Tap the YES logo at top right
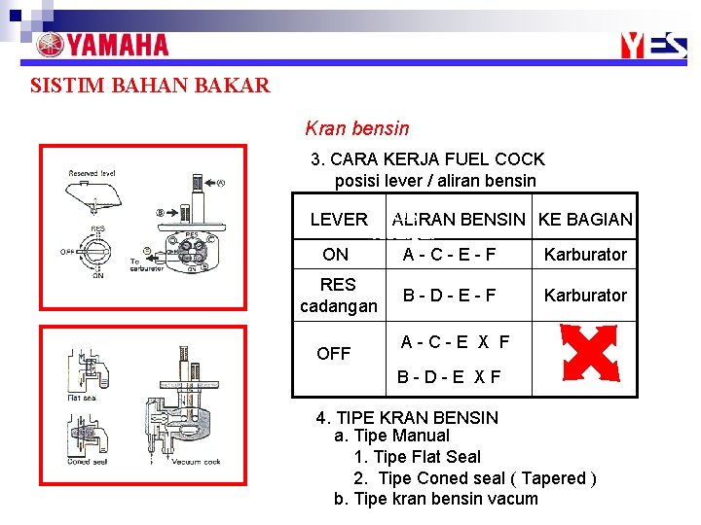click(653, 47)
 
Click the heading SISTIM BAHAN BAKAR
click(150, 86)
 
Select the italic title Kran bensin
click(357, 128)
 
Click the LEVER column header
click(338, 220)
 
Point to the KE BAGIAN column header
click(585, 220)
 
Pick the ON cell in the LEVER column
click(335, 255)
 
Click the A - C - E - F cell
click(450, 255)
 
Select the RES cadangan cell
click(338, 296)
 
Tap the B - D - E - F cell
click(450, 295)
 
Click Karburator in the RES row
click(585, 295)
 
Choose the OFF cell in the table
click(333, 354)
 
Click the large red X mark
click(590, 354)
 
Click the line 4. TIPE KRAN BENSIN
click(407, 418)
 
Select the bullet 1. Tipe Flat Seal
click(417, 457)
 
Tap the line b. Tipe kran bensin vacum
click(435, 499)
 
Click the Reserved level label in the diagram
click(92, 173)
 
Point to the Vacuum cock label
click(199, 462)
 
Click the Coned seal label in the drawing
click(88, 461)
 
